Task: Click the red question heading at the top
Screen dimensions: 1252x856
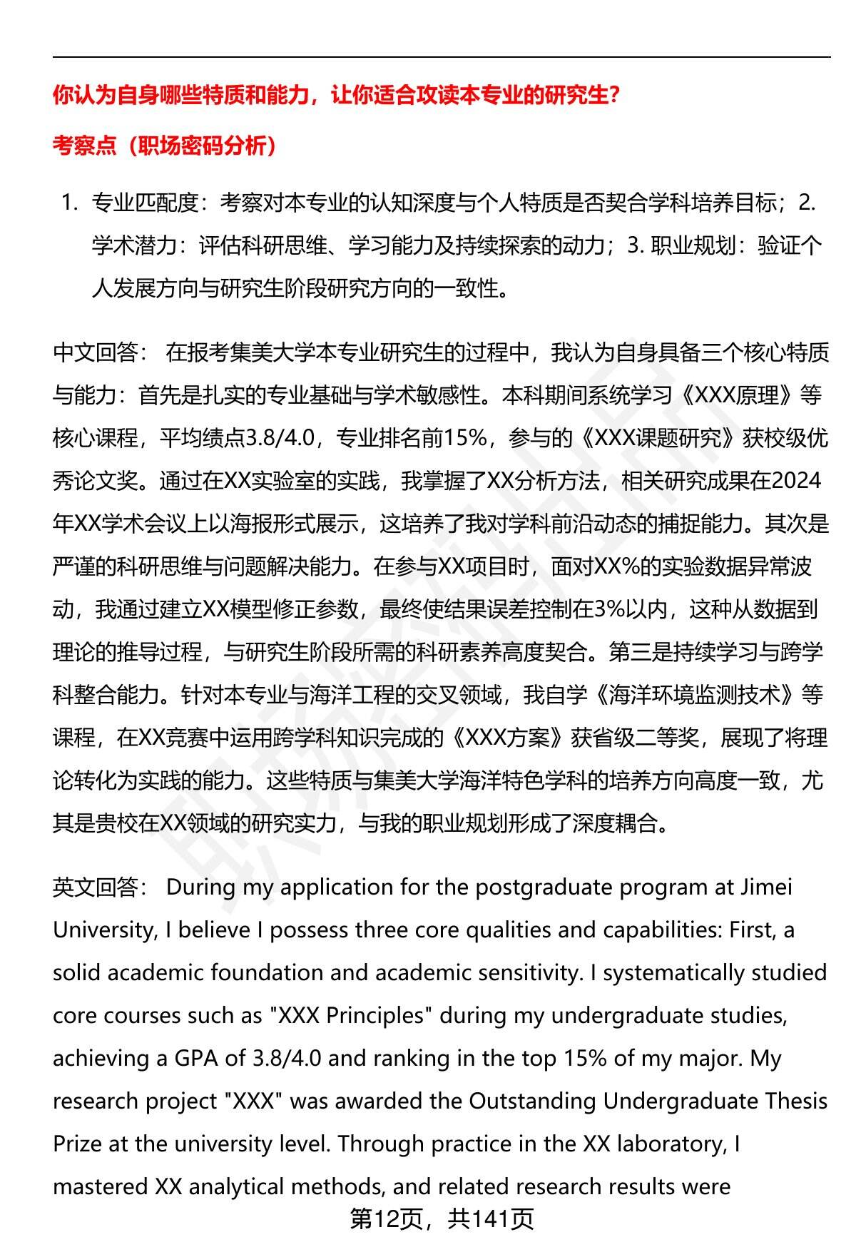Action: pyautogui.click(x=336, y=95)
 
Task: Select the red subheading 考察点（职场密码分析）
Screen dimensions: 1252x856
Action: pyautogui.click(x=164, y=146)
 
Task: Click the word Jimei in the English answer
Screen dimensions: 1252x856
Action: pyautogui.click(x=766, y=887)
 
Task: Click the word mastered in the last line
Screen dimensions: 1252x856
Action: pyautogui.click(x=100, y=1187)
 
